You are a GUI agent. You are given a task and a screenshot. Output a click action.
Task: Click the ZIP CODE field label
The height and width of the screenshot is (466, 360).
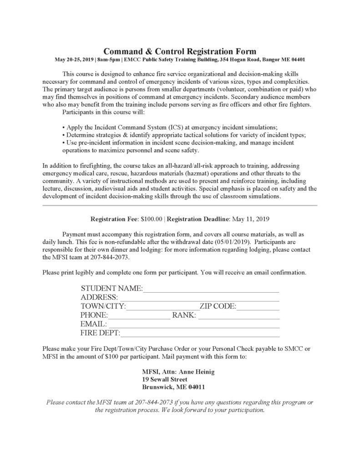(218, 307)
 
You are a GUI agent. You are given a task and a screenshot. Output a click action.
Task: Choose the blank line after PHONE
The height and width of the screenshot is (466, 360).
(139, 315)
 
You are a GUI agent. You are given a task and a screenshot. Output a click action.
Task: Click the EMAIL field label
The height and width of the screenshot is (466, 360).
(93, 324)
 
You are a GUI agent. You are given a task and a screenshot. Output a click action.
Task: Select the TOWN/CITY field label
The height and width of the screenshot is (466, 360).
(103, 307)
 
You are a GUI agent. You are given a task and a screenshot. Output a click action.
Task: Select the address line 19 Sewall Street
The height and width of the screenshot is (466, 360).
(165, 379)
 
